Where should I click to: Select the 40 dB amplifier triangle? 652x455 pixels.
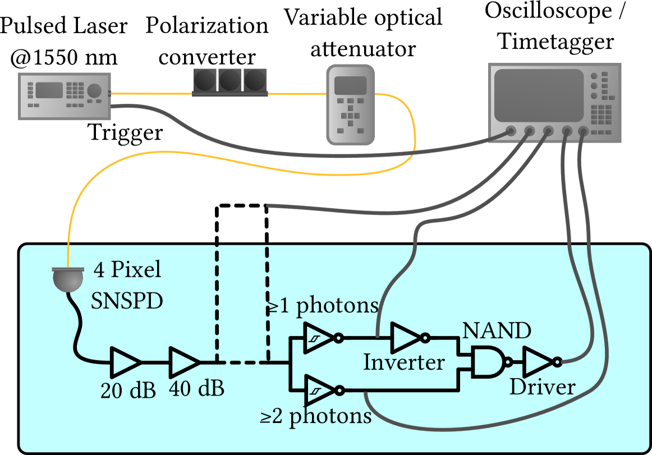pyautogui.click(x=182, y=362)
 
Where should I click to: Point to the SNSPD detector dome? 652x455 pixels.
pyautogui.click(x=68, y=279)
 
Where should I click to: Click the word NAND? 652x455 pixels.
pyautogui.click(x=496, y=331)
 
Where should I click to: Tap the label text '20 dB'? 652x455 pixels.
pyautogui.click(x=128, y=391)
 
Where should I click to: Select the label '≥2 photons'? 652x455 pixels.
pyautogui.click(x=315, y=416)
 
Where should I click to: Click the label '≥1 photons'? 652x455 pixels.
pyautogui.click(x=323, y=306)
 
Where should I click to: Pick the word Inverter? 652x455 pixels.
pyautogui.click(x=403, y=362)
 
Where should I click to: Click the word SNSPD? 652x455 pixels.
pyautogui.click(x=127, y=301)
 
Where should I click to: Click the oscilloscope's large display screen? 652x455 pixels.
pyautogui.click(x=539, y=95)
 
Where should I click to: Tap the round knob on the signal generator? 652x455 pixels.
pyautogui.click(x=94, y=90)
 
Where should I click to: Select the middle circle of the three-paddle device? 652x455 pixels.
pyautogui.click(x=229, y=80)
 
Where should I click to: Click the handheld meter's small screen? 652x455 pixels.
pyautogui.click(x=350, y=85)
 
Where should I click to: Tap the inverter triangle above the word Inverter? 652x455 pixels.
pyautogui.click(x=406, y=338)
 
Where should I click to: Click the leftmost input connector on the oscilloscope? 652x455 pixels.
pyautogui.click(x=510, y=131)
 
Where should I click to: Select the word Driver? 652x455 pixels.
pyautogui.click(x=542, y=387)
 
